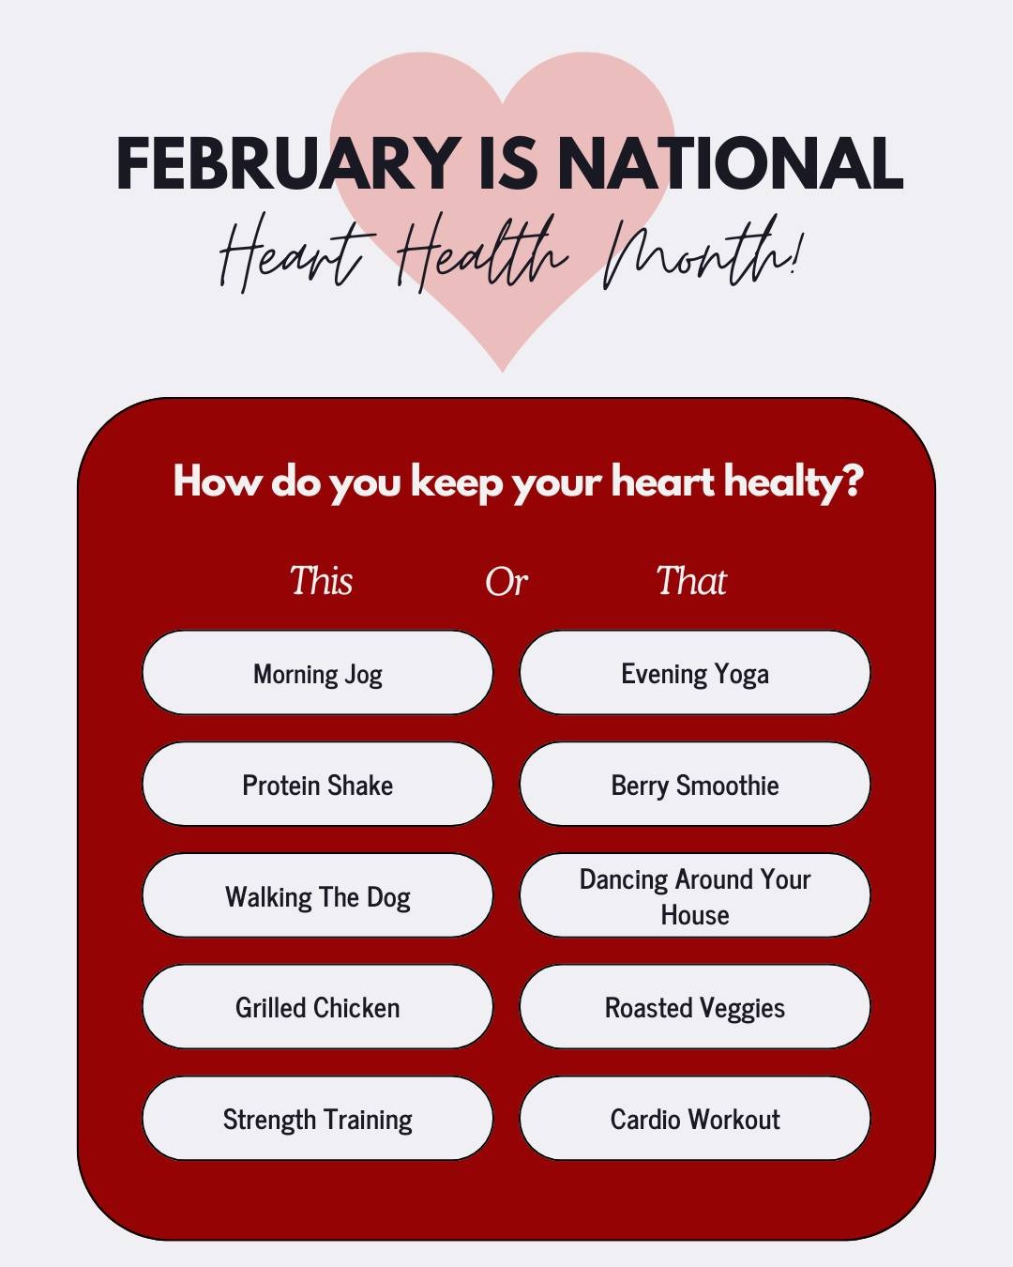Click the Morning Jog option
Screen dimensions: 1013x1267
pyautogui.click(x=317, y=672)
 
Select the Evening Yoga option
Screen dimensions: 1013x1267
pyautogui.click(x=694, y=672)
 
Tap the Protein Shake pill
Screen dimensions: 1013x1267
pyautogui.click(x=317, y=784)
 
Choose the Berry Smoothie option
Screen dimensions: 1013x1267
pyautogui.click(x=694, y=784)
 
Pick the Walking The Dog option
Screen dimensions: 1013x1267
pyautogui.click(x=317, y=895)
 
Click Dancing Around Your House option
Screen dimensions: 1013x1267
pyautogui.click(x=694, y=895)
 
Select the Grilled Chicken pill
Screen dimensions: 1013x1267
pyautogui.click(x=317, y=1006)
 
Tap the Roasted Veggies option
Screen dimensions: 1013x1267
pyautogui.click(x=694, y=1006)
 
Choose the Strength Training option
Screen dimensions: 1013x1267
pyautogui.click(x=317, y=1118)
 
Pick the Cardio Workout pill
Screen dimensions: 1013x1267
pyautogui.click(x=694, y=1118)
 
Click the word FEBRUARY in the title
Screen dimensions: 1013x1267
pyautogui.click(x=289, y=163)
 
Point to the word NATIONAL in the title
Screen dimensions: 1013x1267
pyautogui.click(x=730, y=163)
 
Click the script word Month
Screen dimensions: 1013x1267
pyautogui.click(x=701, y=253)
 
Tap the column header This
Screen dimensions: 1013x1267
pyautogui.click(x=321, y=581)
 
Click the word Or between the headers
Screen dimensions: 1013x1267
pyautogui.click(x=506, y=582)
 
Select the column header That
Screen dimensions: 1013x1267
pyautogui.click(x=691, y=581)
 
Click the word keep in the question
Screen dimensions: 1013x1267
pyautogui.click(x=457, y=482)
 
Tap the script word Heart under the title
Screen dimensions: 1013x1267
pyautogui.click(x=297, y=254)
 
